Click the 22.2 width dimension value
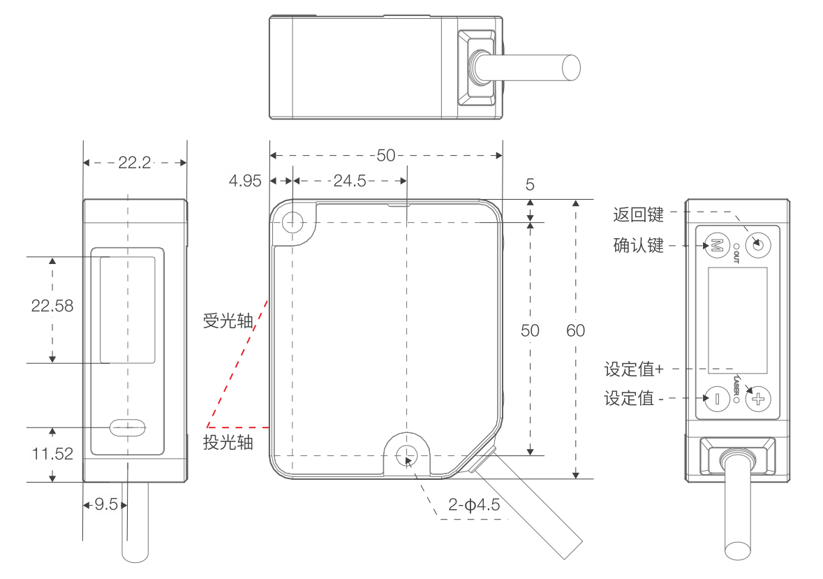pos(135,163)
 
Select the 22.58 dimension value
pos(52,306)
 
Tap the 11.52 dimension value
pos(52,454)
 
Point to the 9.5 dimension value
pos(106,504)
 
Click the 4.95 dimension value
pos(245,181)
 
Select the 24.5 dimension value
pos(350,181)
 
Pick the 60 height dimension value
pos(575,330)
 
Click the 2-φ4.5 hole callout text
pos(474,505)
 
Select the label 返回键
pos(638,214)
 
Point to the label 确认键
pos(638,245)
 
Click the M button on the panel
pos(716,245)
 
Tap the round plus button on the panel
pos(758,399)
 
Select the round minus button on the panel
pos(716,399)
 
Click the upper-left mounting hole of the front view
pos(292,223)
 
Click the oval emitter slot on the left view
pos(127,427)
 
